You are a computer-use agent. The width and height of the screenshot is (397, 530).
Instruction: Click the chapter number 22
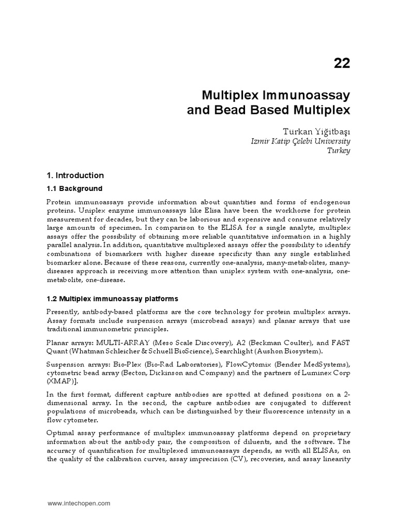[342, 63]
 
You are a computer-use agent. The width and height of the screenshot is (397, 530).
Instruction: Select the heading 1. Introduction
[75, 175]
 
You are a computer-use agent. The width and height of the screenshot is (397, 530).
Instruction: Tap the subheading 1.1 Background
[74, 188]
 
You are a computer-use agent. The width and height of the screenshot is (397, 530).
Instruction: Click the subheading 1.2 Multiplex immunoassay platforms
[112, 299]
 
